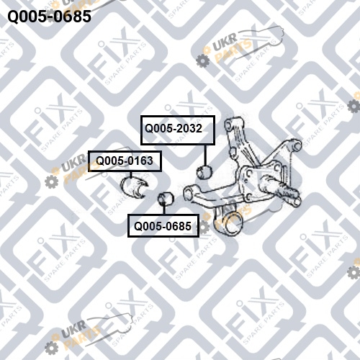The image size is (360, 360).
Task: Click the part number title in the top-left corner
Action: click(x=50, y=17)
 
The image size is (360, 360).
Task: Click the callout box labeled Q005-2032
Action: click(x=178, y=130)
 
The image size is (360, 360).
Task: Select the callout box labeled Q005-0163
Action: click(x=125, y=161)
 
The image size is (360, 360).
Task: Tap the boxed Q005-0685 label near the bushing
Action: click(x=163, y=226)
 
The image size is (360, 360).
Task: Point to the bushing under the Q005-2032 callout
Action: click(x=204, y=172)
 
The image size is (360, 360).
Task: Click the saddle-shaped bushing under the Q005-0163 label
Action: click(x=134, y=187)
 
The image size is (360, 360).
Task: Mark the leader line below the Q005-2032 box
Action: click(x=205, y=156)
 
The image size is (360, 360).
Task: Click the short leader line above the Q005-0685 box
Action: click(x=164, y=210)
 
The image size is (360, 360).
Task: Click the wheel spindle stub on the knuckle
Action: click(x=280, y=190)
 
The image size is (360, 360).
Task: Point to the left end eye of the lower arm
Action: click(x=188, y=193)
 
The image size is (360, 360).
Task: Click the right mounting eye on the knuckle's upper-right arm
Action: click(x=297, y=145)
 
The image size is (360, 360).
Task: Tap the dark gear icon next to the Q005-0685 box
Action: click(x=204, y=228)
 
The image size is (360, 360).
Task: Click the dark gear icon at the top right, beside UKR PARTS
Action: click(x=203, y=60)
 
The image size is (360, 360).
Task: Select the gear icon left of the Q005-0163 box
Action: click(x=52, y=181)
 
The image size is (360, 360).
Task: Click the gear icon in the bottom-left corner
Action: click(x=51, y=348)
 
